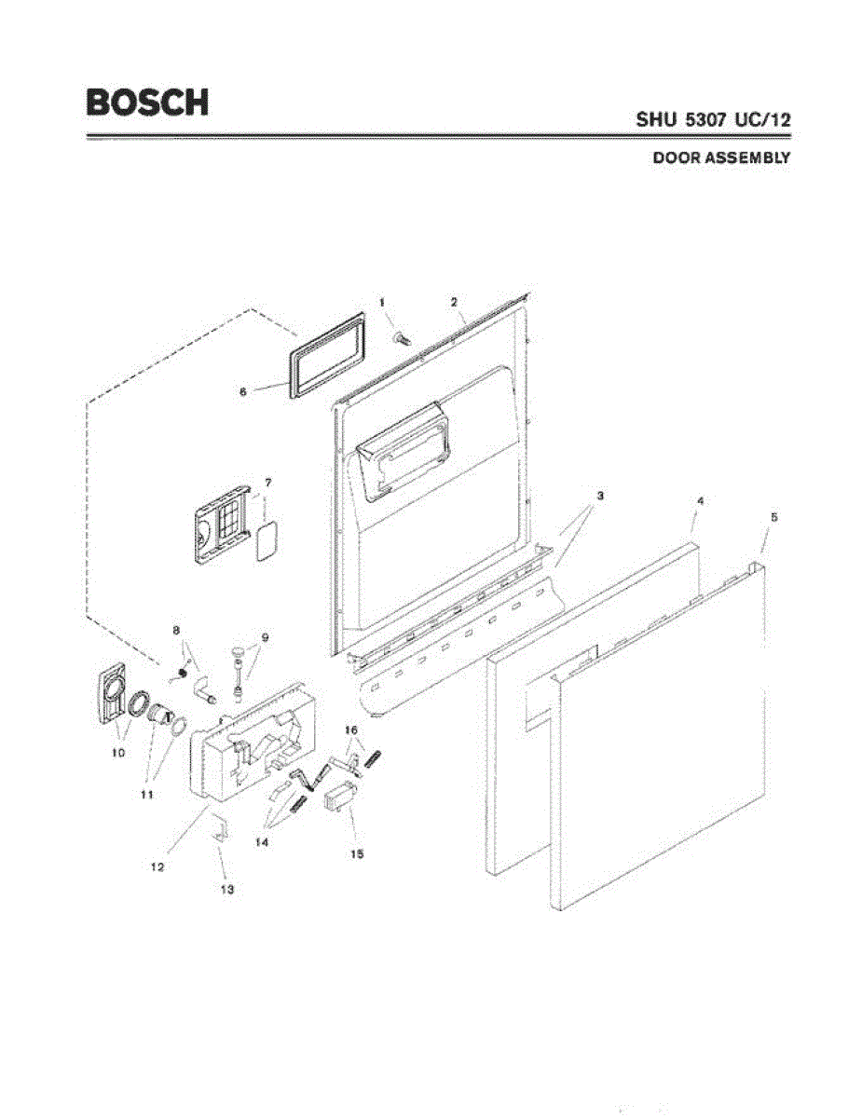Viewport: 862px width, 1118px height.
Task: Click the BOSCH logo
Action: click(x=147, y=102)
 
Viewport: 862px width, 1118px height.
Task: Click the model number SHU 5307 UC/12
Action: click(x=714, y=120)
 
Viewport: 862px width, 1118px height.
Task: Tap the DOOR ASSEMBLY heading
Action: click(x=721, y=158)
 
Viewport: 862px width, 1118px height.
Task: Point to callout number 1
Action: click(x=381, y=301)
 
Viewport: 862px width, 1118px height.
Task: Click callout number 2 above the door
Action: click(x=454, y=302)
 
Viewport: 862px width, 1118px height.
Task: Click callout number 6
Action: click(x=243, y=392)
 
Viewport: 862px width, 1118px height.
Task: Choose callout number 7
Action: click(x=267, y=483)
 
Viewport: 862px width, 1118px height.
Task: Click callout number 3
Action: click(x=600, y=496)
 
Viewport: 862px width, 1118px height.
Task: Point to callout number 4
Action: click(x=700, y=501)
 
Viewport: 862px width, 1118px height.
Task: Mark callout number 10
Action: click(x=118, y=753)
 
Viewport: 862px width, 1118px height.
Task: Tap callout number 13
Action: click(x=226, y=890)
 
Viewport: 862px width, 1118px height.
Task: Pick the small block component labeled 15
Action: click(x=339, y=799)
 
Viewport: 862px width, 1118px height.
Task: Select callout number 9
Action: click(x=265, y=637)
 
